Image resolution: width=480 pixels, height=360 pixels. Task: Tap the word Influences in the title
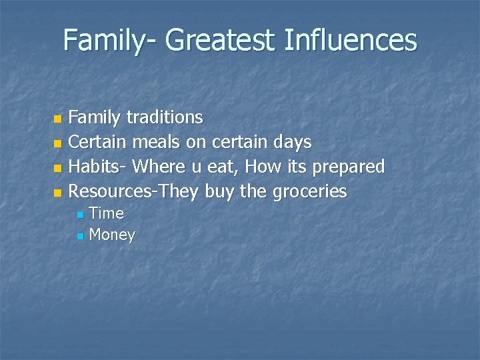pyautogui.click(x=350, y=40)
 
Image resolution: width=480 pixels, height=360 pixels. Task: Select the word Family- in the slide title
pyautogui.click(x=110, y=41)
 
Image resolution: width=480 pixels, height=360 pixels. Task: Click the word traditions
pyautogui.click(x=165, y=118)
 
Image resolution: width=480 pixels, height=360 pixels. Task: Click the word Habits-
pyautogui.click(x=98, y=167)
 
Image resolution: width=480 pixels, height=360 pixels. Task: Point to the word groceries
pyautogui.click(x=309, y=193)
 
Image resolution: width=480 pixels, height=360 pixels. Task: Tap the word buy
pyautogui.click(x=220, y=193)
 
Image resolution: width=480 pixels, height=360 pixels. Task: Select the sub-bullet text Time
pyautogui.click(x=106, y=213)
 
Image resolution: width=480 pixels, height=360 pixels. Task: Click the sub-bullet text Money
pyautogui.click(x=112, y=235)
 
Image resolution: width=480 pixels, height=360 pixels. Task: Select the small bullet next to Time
pyautogui.click(x=80, y=215)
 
